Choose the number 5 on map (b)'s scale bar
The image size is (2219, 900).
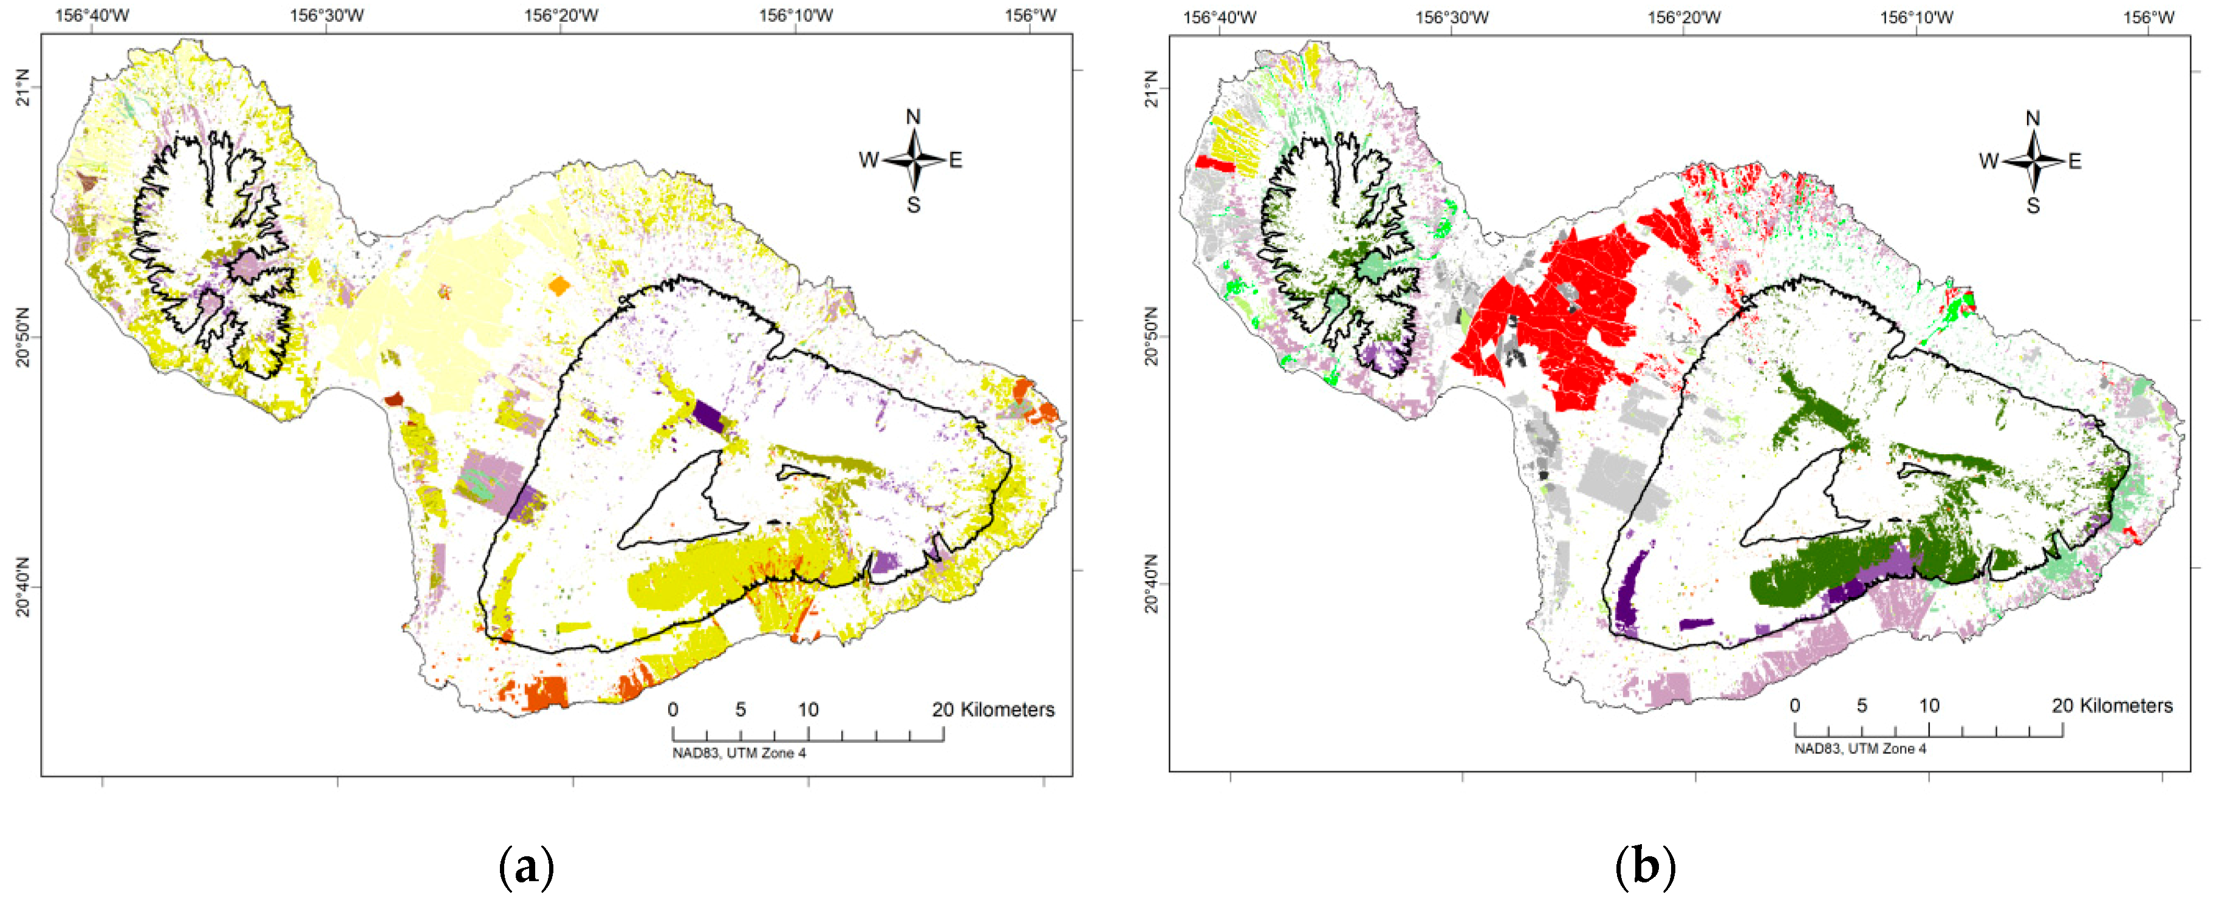[x=1861, y=705]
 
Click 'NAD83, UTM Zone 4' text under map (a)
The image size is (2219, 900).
[x=739, y=752]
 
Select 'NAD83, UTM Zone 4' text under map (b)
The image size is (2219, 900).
[x=1860, y=748]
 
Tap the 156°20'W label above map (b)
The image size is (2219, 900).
[x=1683, y=17]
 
